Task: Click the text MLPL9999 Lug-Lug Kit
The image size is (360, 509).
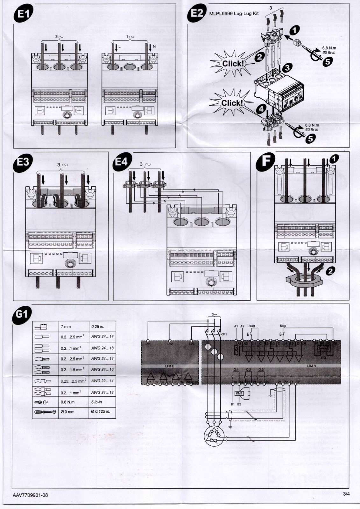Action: pos(234,14)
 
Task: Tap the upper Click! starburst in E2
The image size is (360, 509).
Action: pos(233,63)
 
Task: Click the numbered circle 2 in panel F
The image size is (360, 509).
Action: pos(330,271)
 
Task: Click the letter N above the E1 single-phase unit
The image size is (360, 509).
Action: pos(154,46)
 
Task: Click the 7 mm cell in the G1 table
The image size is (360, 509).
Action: pos(66,326)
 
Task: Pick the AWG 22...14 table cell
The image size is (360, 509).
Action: pos(102,381)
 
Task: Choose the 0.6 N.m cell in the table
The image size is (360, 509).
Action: pos(67,402)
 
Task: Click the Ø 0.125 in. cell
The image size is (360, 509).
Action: pos(101,412)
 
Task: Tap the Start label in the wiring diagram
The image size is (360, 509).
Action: pos(251,326)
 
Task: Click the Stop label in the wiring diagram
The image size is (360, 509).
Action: pos(283,326)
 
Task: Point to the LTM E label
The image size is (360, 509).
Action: pos(169,366)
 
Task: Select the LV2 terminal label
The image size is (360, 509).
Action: pos(170,344)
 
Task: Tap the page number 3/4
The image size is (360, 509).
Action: pos(346,494)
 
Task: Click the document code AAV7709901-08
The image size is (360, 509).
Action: pos(31,495)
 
